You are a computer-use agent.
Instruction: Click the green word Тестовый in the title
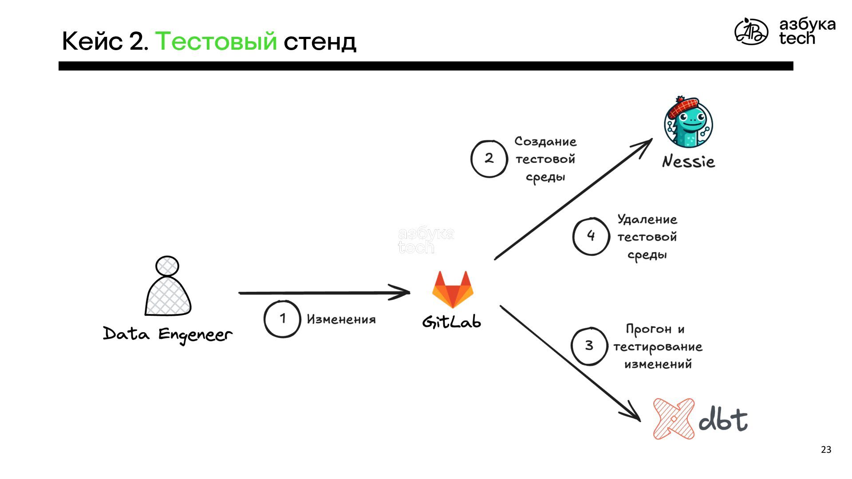[x=216, y=41]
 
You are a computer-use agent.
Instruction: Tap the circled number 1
[x=282, y=318]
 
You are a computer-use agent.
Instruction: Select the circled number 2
[x=489, y=158]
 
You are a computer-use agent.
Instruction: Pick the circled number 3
[x=589, y=346]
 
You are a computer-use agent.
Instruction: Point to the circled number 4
[x=591, y=236]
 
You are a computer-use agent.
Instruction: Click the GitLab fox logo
[x=453, y=289]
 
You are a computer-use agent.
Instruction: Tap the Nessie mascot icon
[x=688, y=122]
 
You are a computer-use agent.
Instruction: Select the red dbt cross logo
[x=673, y=419]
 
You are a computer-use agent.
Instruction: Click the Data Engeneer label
[x=167, y=335]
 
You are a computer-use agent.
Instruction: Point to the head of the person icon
[x=167, y=266]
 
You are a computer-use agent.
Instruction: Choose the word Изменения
[x=341, y=319]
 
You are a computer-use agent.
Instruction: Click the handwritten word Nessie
[x=688, y=162]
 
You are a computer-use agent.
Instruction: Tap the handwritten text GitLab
[x=451, y=322]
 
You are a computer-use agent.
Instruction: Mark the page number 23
[x=826, y=450]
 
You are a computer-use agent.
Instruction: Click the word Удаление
[x=647, y=220]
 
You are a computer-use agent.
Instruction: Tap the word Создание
[x=545, y=142]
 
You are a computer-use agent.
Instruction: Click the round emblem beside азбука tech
[x=751, y=32]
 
